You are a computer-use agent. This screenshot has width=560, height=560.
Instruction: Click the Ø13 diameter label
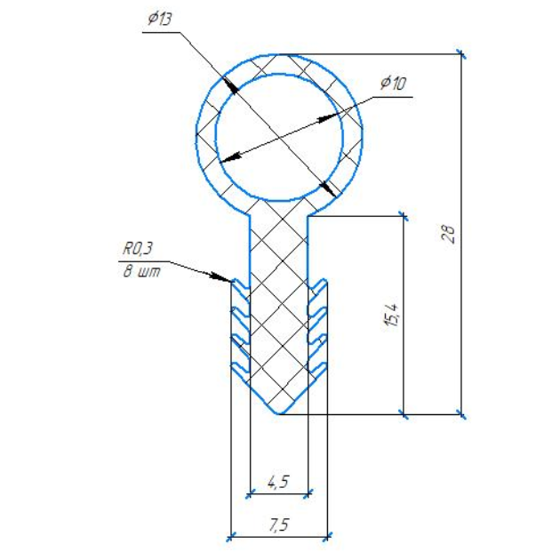coord(159,20)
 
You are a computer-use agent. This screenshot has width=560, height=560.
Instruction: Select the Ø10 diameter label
coord(393,83)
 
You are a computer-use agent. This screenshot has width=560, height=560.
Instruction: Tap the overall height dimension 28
coord(449,234)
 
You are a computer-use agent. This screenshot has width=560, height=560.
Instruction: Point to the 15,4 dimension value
coord(391,315)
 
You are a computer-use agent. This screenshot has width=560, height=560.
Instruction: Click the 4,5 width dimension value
coord(278,482)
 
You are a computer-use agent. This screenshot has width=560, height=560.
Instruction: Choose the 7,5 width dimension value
coord(279,524)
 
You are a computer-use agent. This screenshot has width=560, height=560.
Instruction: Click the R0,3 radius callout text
coord(138,249)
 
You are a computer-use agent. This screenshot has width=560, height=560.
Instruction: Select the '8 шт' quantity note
coord(142,272)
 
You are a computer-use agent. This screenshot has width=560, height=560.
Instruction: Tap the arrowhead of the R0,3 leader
coord(220,277)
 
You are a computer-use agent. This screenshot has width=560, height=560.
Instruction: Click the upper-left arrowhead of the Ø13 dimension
coord(229,85)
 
